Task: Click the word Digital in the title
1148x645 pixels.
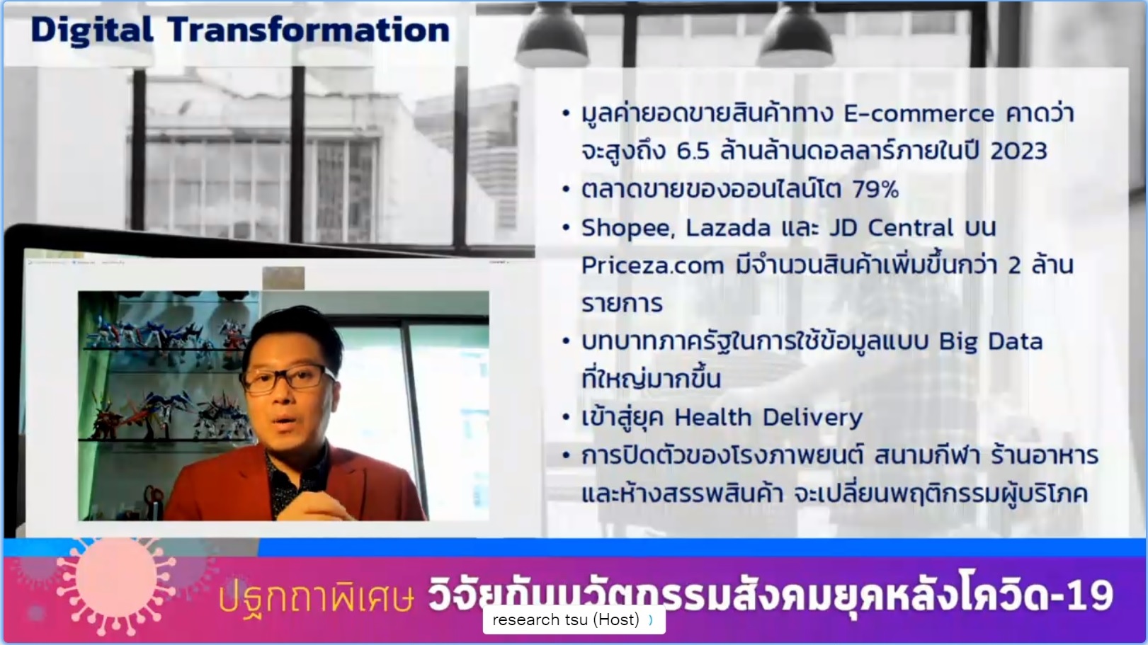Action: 92,30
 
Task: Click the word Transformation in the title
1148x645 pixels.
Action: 309,30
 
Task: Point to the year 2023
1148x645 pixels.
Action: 1018,151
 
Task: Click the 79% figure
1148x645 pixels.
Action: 875,190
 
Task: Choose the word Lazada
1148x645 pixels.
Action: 728,228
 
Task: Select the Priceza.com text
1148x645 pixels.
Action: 653,266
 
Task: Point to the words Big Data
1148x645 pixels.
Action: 991,342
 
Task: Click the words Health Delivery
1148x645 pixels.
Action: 768,418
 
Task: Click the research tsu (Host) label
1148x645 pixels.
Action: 566,620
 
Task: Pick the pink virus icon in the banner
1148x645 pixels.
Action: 116,585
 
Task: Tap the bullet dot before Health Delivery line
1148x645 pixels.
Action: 566,418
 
